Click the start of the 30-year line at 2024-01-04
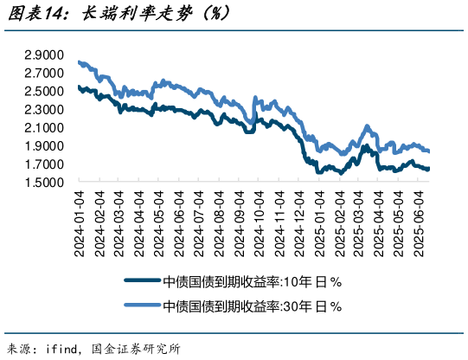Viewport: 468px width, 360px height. point(79,61)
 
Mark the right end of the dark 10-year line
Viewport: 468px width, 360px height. point(428,169)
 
